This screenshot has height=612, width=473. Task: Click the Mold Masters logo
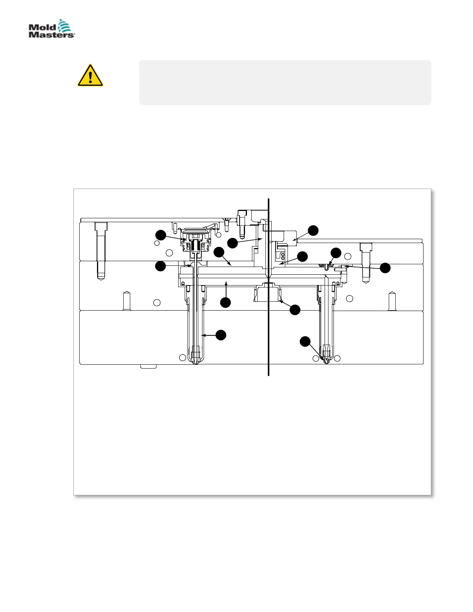point(51,29)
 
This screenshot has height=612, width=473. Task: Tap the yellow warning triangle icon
point(90,75)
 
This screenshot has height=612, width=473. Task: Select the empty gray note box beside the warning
point(285,82)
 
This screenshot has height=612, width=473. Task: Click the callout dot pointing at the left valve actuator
point(160,235)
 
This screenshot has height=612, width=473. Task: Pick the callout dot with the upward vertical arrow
point(226,303)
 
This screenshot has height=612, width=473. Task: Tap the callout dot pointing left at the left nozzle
point(221,335)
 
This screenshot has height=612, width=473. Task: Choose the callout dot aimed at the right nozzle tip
point(305,342)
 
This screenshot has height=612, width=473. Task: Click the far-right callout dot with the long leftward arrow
point(385,268)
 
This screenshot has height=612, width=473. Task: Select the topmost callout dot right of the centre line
point(313,230)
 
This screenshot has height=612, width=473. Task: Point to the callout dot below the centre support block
point(295,310)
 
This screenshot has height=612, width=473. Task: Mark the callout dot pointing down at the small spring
point(336,253)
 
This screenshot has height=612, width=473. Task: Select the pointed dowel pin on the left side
point(126,301)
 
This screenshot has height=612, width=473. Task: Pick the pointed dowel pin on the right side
point(392,301)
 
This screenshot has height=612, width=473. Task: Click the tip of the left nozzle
point(196,362)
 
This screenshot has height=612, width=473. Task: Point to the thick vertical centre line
point(268,328)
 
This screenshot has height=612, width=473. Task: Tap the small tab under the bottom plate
point(148,366)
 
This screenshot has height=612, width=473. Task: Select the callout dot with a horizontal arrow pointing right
point(160,266)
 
